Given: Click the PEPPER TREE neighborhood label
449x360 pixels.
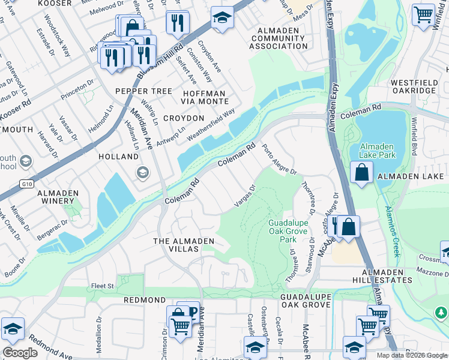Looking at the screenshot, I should click(x=143, y=91).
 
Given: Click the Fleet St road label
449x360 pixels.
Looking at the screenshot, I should click(x=102, y=286).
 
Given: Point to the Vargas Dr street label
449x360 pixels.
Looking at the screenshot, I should click(x=244, y=197).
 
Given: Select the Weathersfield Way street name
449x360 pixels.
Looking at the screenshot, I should click(x=210, y=125).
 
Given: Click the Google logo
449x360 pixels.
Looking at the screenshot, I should click(x=20, y=353).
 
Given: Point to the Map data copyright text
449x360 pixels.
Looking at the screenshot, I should click(x=411, y=355).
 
